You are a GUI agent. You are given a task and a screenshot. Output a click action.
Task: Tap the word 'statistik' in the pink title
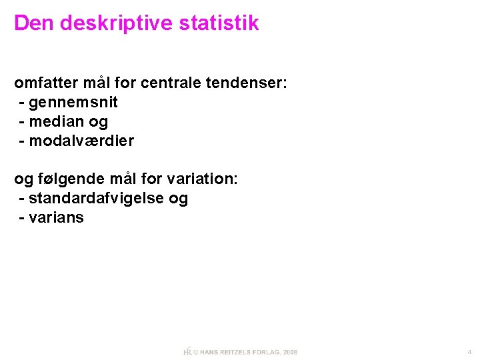[x=219, y=23]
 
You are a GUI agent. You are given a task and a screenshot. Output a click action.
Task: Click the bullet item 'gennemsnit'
[x=73, y=103]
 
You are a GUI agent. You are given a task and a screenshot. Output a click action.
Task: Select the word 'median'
[x=56, y=122]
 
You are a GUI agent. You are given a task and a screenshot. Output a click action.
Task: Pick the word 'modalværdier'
[x=81, y=141]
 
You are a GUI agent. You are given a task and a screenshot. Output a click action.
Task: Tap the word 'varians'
[x=57, y=218]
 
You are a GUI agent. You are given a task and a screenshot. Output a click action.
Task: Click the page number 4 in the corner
[x=469, y=351]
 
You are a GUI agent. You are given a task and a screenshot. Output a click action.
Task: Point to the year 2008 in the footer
[x=290, y=352]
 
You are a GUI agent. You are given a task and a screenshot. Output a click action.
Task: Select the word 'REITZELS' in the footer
[x=234, y=352]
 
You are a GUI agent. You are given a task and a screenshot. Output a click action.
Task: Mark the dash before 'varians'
[x=23, y=218]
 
